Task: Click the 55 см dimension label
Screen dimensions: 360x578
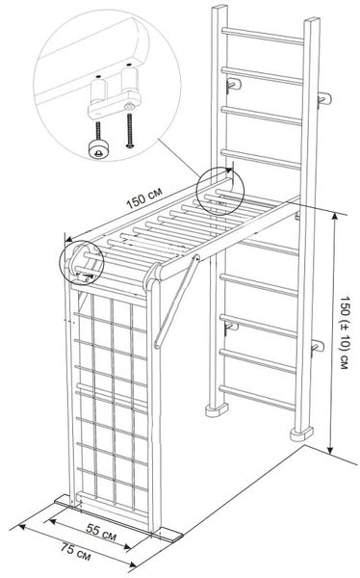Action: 101,533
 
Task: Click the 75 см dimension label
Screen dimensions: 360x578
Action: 75,552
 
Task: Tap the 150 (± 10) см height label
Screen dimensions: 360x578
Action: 345,332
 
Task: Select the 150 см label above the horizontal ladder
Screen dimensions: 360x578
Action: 144,198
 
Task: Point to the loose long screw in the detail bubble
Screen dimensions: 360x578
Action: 129,131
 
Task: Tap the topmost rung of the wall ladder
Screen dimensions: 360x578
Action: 263,36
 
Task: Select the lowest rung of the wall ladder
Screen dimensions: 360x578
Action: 258,397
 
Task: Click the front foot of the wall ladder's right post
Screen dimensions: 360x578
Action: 302,433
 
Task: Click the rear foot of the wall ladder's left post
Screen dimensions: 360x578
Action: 217,410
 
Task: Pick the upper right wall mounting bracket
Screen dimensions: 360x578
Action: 324,99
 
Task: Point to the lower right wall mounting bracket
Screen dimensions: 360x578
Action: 318,347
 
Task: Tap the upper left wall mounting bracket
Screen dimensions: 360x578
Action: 234,85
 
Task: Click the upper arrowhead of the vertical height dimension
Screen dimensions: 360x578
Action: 334,217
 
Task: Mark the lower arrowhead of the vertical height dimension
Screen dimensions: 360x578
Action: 330,450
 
